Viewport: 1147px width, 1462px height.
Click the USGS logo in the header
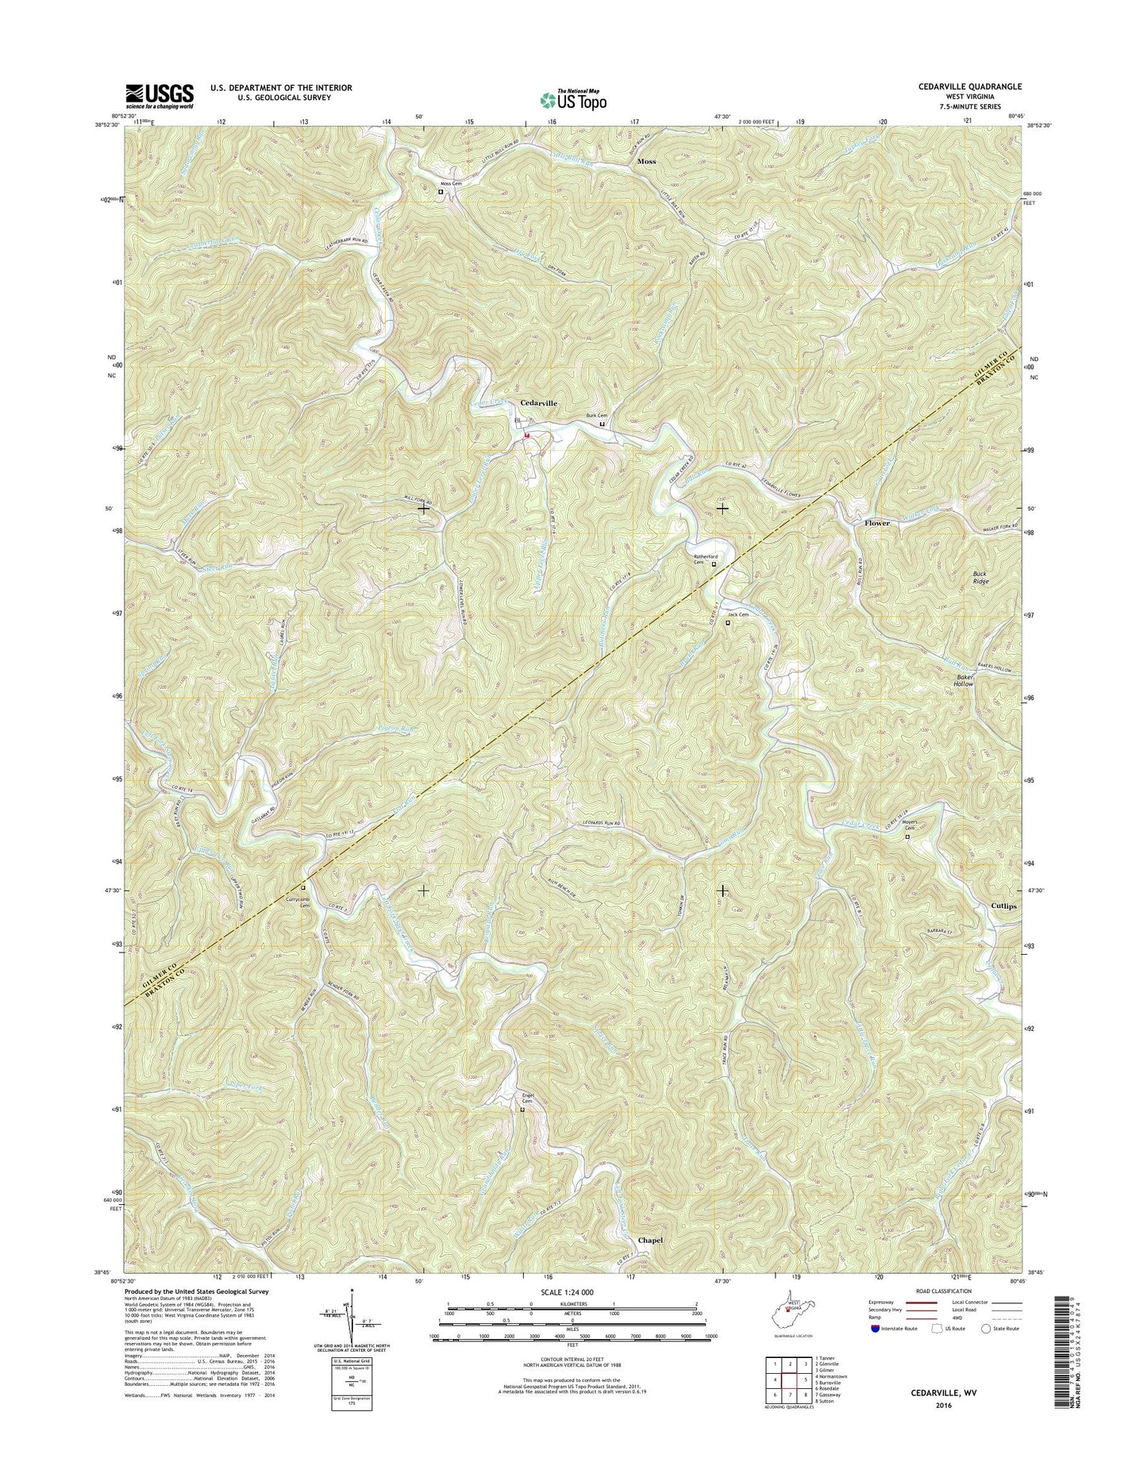click(x=159, y=96)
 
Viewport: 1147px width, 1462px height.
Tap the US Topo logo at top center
click(x=573, y=99)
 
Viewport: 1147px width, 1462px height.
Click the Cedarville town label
click(x=538, y=403)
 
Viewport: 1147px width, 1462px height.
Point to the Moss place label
click(x=646, y=161)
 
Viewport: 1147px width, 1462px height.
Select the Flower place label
click(x=877, y=523)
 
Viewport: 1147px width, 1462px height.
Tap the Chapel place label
click(x=650, y=1240)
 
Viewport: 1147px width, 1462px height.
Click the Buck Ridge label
click(x=981, y=577)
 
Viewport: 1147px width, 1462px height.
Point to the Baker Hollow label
click(x=964, y=680)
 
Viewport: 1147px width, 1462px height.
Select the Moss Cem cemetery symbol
click(x=441, y=190)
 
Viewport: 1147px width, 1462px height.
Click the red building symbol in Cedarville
click(x=526, y=435)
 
